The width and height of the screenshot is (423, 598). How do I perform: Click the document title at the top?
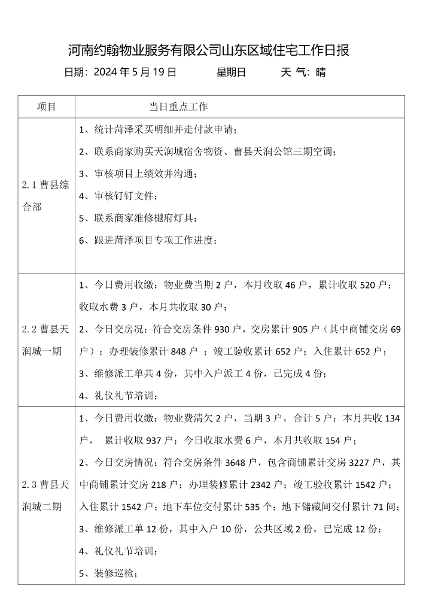[209, 50]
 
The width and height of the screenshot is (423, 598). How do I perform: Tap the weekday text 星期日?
[231, 73]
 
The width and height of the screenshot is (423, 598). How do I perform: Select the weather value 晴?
[321, 73]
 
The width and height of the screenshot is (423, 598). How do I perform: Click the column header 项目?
[47, 107]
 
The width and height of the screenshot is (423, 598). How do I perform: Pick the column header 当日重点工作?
[178, 107]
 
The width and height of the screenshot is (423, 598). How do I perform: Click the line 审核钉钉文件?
[118, 196]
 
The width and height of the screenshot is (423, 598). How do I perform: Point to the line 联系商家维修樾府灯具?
[138, 218]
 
